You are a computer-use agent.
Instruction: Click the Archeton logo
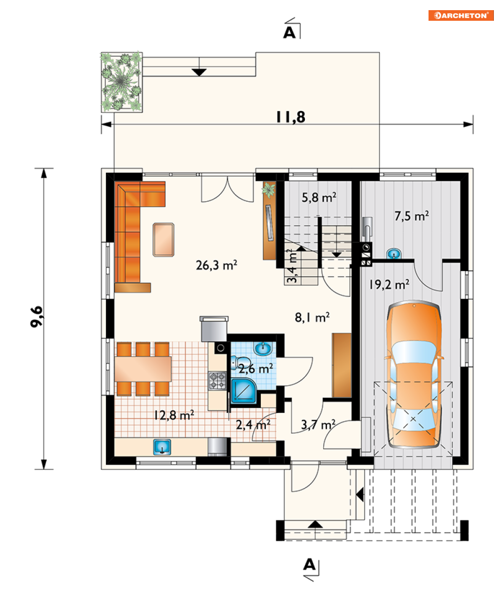(x=461, y=15)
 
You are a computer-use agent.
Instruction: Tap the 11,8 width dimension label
(x=291, y=117)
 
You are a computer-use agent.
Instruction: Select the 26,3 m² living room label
(x=216, y=265)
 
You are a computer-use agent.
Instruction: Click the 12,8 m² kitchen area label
(x=174, y=415)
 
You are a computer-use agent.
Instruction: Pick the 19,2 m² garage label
(x=389, y=284)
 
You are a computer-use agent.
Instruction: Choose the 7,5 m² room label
(x=412, y=216)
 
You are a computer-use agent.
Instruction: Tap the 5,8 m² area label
(x=319, y=197)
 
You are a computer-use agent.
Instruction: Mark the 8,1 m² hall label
(x=313, y=317)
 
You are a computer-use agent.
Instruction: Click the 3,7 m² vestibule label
(x=318, y=425)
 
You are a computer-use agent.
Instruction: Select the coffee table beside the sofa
(x=164, y=240)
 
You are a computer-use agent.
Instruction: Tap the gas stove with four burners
(x=217, y=381)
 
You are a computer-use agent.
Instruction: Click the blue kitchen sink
(x=162, y=447)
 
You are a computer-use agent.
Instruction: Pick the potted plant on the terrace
(x=122, y=82)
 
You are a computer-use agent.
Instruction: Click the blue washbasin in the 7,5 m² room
(x=394, y=253)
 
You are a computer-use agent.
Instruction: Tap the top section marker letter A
(x=289, y=32)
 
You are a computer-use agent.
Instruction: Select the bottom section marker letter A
(x=309, y=564)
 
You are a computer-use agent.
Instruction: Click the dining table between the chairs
(x=143, y=369)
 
